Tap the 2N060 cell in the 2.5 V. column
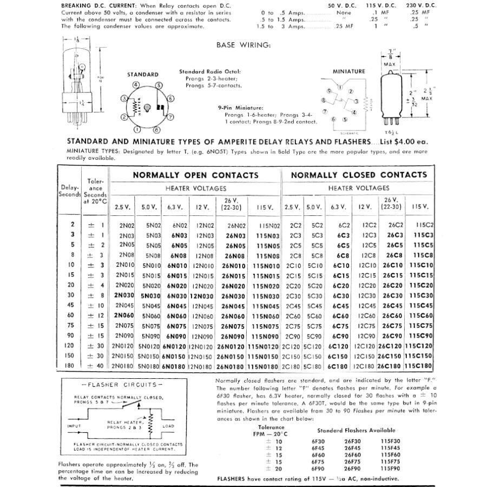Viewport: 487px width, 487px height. coord(123,315)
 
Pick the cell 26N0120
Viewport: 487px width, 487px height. coord(231,346)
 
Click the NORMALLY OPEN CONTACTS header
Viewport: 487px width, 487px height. coord(195,175)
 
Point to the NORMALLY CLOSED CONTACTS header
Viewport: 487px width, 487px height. coord(359,175)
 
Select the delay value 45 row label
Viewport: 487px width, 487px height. coord(71,306)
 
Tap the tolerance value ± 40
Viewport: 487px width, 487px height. coord(96,366)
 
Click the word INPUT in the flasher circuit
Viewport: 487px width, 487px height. coord(74,426)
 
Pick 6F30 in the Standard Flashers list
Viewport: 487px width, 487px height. coord(318,440)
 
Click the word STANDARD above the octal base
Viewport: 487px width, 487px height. coord(143,75)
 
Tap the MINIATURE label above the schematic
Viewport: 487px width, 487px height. coord(348,71)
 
